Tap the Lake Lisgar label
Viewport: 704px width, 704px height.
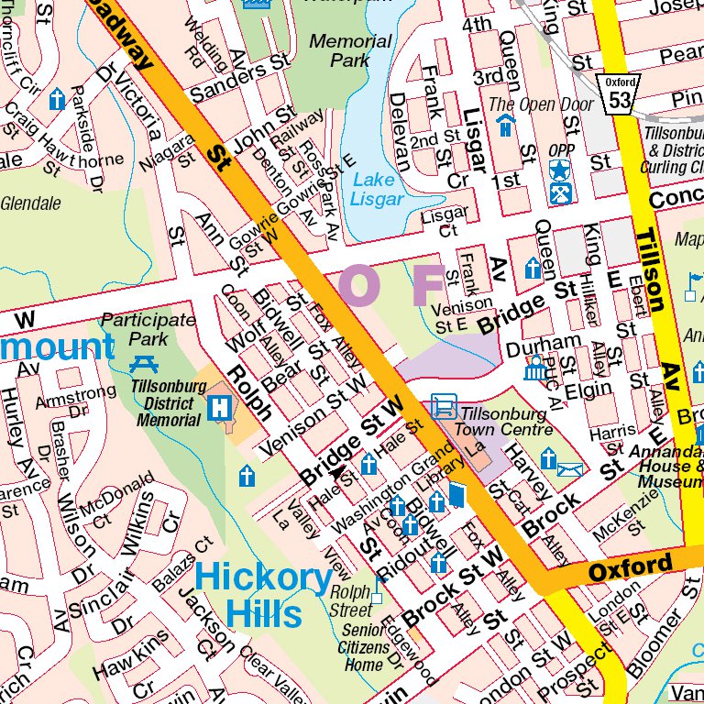click(377, 190)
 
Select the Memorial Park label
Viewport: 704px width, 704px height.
click(349, 50)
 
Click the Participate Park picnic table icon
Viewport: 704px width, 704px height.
click(144, 363)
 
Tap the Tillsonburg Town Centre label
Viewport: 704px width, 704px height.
click(506, 422)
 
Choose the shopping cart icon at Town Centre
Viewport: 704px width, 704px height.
click(444, 405)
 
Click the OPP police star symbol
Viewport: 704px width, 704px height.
click(559, 170)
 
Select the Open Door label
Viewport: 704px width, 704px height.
click(540, 104)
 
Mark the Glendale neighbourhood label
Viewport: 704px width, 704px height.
click(30, 203)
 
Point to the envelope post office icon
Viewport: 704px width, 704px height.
click(569, 469)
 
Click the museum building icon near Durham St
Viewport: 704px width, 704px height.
click(534, 370)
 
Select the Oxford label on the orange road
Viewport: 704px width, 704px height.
click(630, 567)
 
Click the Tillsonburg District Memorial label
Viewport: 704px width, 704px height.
click(166, 403)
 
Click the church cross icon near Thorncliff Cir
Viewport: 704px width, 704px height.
click(57, 99)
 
